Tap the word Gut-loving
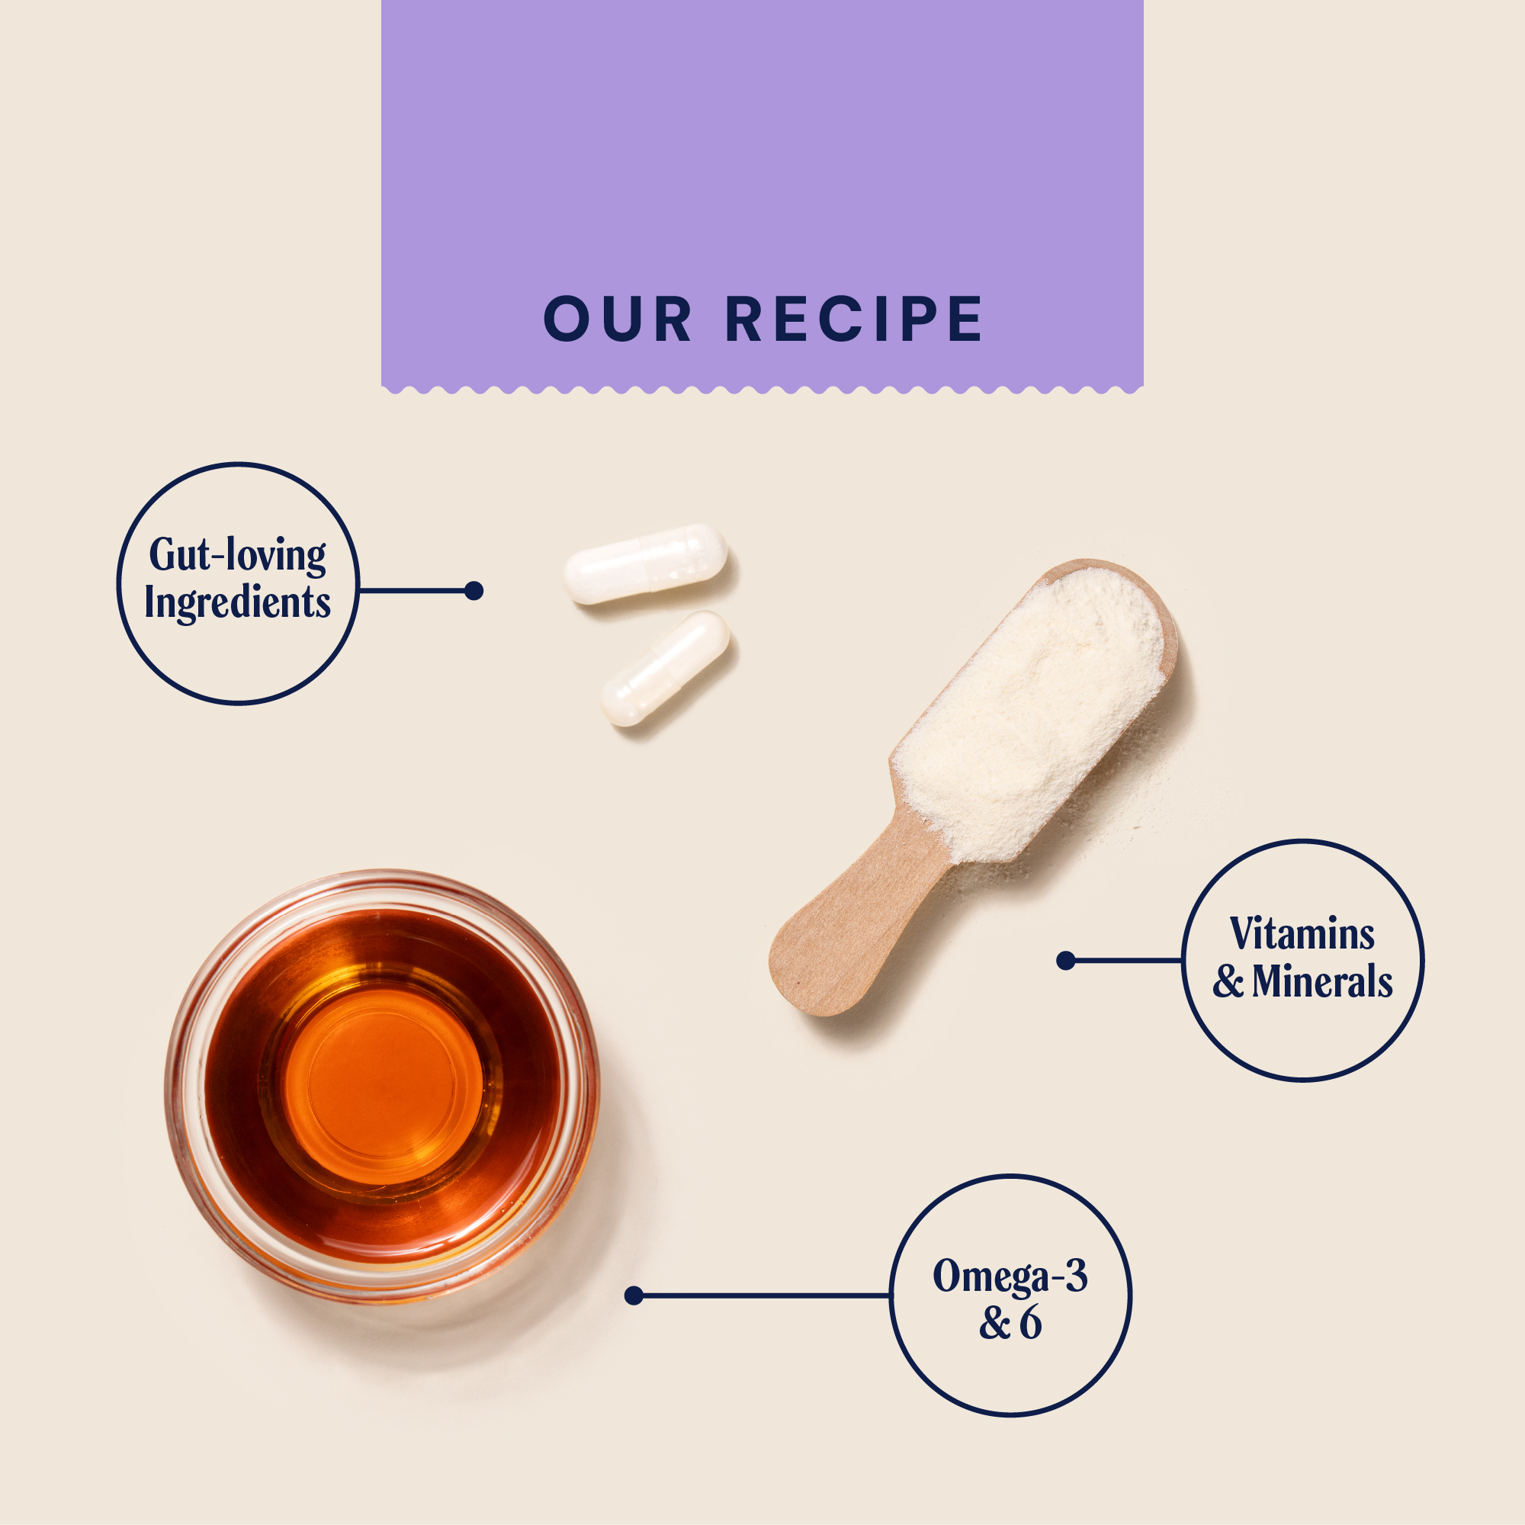click(238, 555)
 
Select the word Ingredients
click(237, 603)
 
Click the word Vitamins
click(1302, 935)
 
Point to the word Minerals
click(1322, 982)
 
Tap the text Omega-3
click(1010, 1276)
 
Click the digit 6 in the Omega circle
click(1030, 1324)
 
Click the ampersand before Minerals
click(1228, 983)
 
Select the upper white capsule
click(646, 563)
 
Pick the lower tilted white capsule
click(665, 668)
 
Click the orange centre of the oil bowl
click(382, 1085)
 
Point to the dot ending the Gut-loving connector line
click(474, 590)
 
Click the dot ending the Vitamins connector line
click(1066, 961)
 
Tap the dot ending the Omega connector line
click(633, 1295)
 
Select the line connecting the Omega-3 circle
click(766, 1295)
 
